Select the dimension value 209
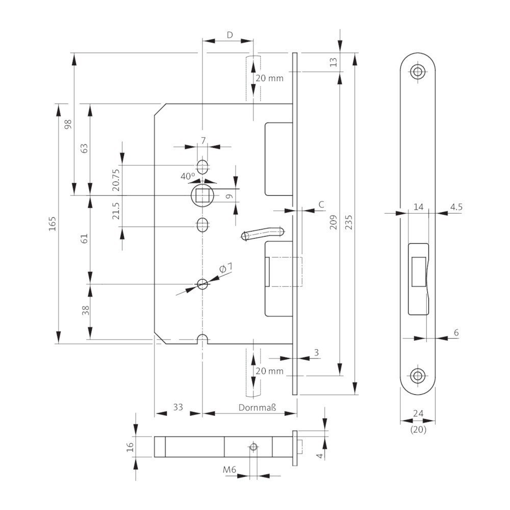(x=334, y=223)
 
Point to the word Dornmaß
(x=258, y=407)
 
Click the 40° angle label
(x=188, y=175)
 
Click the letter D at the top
(x=229, y=35)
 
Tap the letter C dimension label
(x=321, y=205)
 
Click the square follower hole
(x=202, y=195)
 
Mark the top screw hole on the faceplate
(x=418, y=71)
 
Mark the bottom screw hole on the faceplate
(x=418, y=376)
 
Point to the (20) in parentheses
(x=418, y=430)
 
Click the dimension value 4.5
(x=455, y=207)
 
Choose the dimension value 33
(x=178, y=407)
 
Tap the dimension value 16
(x=130, y=447)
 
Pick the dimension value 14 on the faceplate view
(x=418, y=207)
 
